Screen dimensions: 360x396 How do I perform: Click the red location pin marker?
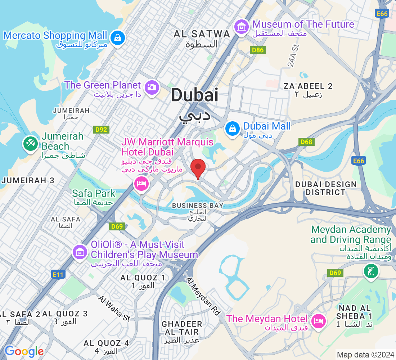point(198,168)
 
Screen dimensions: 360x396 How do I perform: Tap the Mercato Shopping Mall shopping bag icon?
point(117,37)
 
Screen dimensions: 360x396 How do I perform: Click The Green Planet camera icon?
point(152,87)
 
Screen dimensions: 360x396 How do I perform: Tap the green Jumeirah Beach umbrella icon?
point(31,144)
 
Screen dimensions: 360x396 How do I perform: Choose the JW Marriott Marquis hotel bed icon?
point(141,184)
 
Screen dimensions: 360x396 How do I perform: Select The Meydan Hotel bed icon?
point(318,320)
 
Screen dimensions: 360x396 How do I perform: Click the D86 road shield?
point(258,50)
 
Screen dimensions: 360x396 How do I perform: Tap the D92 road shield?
point(101,130)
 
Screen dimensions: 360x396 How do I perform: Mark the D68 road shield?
point(306,142)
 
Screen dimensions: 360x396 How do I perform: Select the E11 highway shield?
point(58,275)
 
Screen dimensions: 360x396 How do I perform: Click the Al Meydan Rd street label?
point(203,296)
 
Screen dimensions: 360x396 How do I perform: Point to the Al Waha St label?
point(114,308)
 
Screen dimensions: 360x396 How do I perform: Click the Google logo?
point(24,351)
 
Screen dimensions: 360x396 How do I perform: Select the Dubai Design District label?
point(325,188)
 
